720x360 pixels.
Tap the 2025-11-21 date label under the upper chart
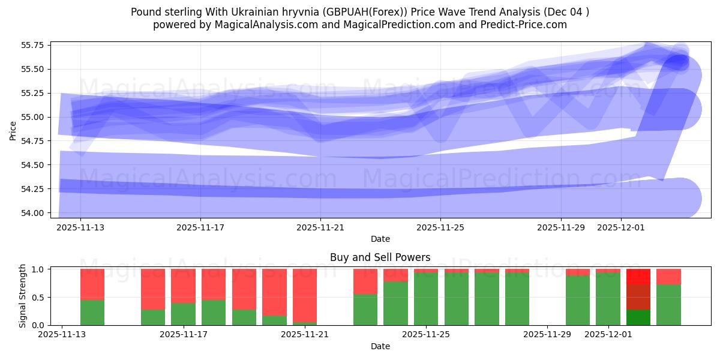[320, 227]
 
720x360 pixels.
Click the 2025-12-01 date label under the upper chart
[620, 227]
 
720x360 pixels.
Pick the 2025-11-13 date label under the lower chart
[62, 334]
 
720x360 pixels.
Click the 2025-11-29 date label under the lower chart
[547, 334]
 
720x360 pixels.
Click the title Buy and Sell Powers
[380, 257]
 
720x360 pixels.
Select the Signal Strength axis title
[23, 296]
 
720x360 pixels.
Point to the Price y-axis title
[13, 130]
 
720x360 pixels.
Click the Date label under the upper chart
[380, 239]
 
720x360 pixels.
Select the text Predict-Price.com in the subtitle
[527, 25]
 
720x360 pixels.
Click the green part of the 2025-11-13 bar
[92, 312]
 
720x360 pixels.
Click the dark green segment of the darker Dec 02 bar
[638, 317]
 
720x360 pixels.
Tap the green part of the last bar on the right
[668, 305]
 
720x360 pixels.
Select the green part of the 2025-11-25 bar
[426, 299]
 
